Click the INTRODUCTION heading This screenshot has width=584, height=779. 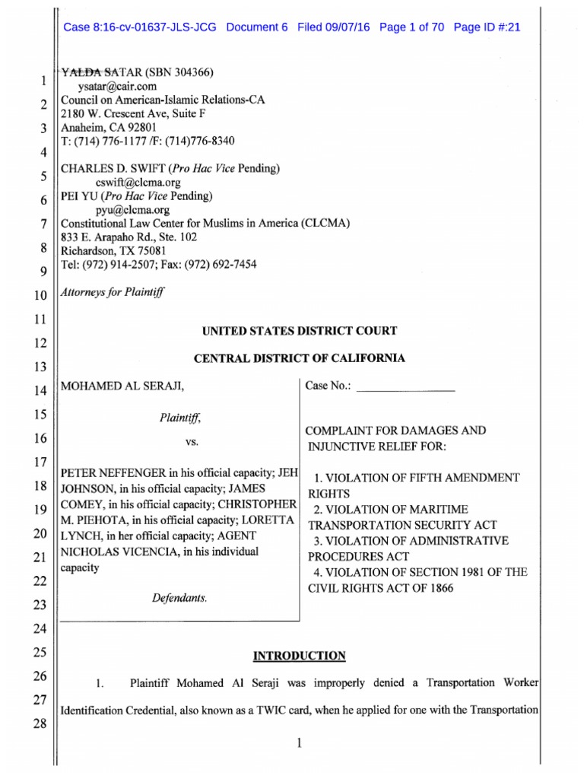[299, 656]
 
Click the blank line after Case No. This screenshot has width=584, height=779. [405, 387]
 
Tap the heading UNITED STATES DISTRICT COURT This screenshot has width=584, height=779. [299, 331]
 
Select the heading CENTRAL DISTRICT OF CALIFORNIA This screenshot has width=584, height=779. [299, 358]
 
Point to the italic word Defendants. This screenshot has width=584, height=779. [179, 599]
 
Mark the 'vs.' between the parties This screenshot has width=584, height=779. [179, 442]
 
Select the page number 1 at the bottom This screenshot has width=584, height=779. [300, 745]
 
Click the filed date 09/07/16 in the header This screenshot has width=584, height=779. [347, 27]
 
